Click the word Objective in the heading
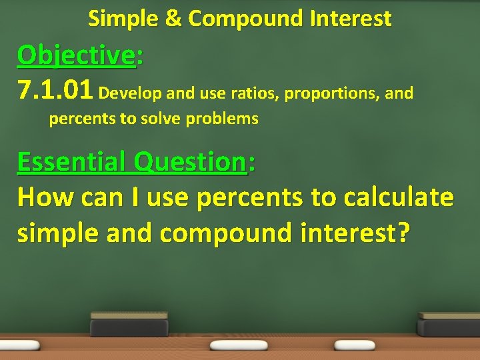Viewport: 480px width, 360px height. point(76,55)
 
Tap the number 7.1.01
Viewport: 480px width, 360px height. point(55,90)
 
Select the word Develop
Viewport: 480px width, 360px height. point(130,93)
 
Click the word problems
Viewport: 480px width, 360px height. point(222,119)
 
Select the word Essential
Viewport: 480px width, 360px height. point(72,161)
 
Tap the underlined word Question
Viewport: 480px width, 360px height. point(189,162)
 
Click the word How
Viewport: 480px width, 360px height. point(41,197)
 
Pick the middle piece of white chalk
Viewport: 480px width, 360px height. point(239,345)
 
